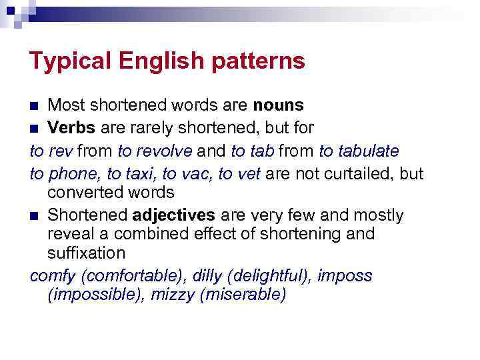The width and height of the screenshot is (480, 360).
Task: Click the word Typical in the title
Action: point(71,61)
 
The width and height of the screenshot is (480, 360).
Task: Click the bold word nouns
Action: point(278,105)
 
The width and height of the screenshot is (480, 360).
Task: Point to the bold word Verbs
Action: point(71,127)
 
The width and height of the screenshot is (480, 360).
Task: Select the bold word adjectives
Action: point(174,215)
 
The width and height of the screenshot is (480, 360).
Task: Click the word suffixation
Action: point(87,253)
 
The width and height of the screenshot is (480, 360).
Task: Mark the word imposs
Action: point(345,275)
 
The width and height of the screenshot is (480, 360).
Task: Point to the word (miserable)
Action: point(243,295)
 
